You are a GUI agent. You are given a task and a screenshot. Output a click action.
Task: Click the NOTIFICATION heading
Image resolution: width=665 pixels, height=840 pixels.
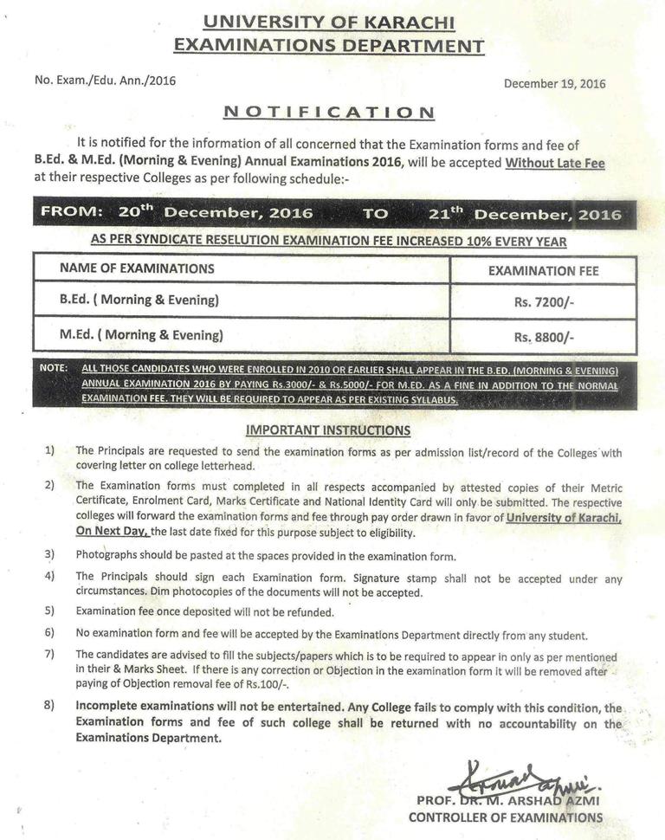tap(329, 112)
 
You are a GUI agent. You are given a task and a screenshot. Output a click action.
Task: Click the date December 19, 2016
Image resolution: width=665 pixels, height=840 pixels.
tap(554, 84)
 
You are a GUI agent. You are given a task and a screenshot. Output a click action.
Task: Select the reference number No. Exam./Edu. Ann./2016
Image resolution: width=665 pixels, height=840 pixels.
tap(105, 80)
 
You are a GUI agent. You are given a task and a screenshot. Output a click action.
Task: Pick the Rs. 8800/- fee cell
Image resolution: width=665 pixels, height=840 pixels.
tap(544, 338)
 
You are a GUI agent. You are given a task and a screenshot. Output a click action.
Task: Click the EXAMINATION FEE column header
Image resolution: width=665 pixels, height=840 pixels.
tap(543, 271)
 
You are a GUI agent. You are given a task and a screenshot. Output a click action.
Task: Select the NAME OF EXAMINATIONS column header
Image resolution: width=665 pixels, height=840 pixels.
tap(137, 268)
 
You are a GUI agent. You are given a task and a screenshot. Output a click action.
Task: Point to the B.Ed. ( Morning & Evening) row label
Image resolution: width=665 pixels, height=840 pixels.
tap(139, 300)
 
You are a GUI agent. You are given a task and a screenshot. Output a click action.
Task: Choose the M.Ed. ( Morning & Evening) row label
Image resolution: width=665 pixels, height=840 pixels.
tap(141, 334)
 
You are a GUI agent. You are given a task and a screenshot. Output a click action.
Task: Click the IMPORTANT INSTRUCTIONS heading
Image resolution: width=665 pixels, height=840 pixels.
tap(328, 430)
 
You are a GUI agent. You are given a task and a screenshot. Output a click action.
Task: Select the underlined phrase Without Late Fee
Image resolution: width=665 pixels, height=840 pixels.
tap(555, 163)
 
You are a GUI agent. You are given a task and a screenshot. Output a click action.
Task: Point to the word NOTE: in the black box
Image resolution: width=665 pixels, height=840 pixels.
tap(54, 368)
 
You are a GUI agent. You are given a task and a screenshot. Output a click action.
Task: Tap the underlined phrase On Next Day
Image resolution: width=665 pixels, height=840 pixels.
tap(113, 532)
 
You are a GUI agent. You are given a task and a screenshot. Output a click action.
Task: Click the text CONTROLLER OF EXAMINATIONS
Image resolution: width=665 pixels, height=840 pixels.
tap(506, 817)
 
